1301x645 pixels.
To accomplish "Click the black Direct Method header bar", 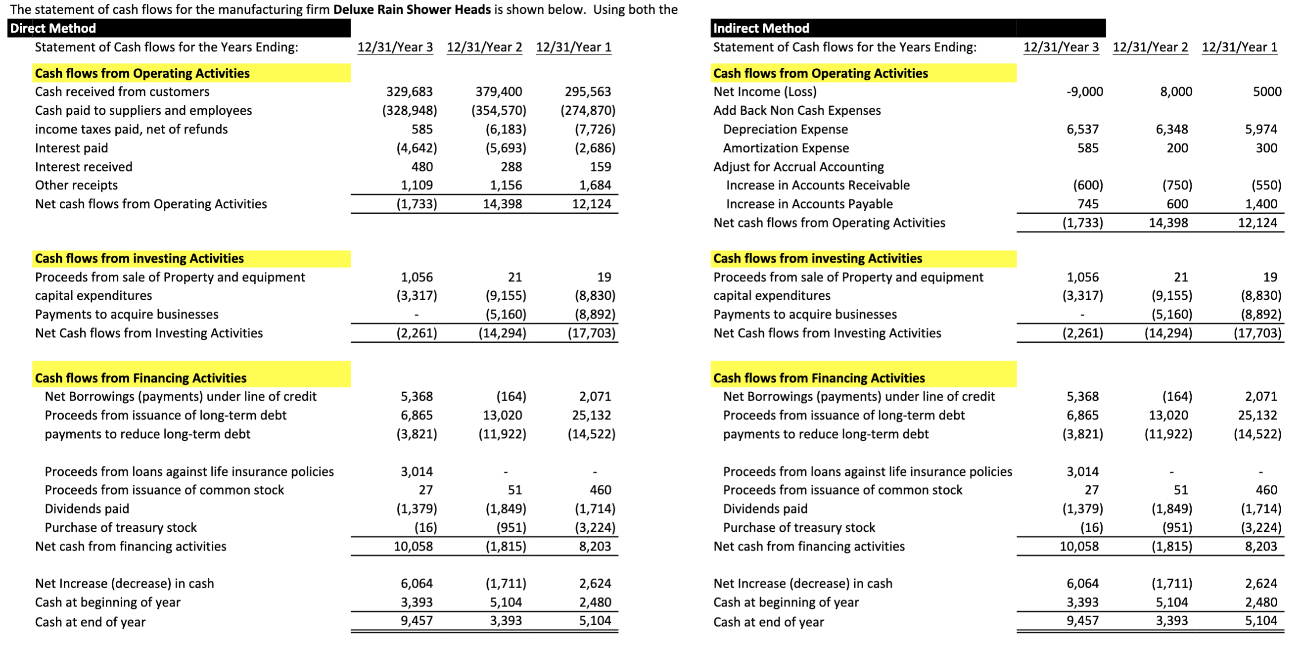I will pyautogui.click(x=179, y=28).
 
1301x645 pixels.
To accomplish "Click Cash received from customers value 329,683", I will pyautogui.click(x=409, y=92).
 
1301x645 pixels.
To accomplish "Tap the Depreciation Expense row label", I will pyautogui.click(x=785, y=129).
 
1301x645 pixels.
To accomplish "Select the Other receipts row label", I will pyautogui.click(x=76, y=185).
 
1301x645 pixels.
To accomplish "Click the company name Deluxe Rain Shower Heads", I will pyautogui.click(x=412, y=9).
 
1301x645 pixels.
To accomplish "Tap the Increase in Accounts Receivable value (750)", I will pyautogui.click(x=1177, y=185).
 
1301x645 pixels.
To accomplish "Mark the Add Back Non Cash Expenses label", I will pyautogui.click(x=796, y=111).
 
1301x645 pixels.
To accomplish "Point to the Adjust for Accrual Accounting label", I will pyautogui.click(x=798, y=167).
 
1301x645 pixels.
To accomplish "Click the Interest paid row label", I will pyautogui.click(x=71, y=148).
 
